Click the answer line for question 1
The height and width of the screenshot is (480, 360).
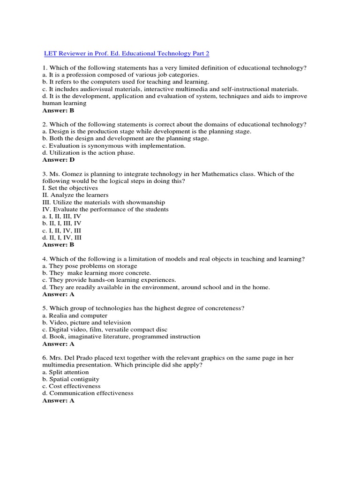(x=58, y=111)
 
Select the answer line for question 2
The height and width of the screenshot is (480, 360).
(x=59, y=160)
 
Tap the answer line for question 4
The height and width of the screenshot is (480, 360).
(x=58, y=295)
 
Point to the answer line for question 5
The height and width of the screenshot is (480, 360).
(x=58, y=344)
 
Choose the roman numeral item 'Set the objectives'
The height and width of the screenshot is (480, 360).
(x=70, y=188)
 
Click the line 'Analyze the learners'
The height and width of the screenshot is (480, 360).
(x=75, y=195)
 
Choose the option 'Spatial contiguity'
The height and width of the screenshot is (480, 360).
(x=71, y=379)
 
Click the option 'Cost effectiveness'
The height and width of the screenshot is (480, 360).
(x=71, y=386)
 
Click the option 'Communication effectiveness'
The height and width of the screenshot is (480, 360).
(x=88, y=393)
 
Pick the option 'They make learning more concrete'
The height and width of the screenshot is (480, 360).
(x=97, y=273)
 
